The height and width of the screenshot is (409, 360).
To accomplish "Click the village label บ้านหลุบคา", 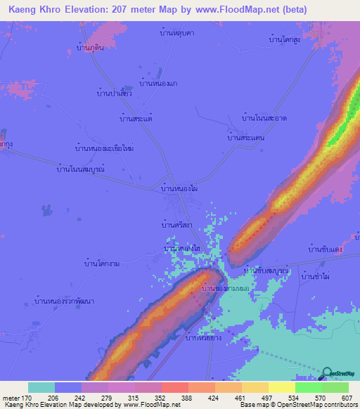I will tap(176, 33).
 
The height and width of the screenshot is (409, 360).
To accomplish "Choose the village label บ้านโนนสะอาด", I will tap(264, 118).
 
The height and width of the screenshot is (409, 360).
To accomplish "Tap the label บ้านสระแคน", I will tap(245, 138).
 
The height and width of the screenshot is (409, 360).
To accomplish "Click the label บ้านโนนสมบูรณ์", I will tap(80, 169).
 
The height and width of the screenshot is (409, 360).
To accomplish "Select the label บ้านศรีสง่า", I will tap(176, 225).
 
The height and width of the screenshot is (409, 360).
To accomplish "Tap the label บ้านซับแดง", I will tap(325, 249).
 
